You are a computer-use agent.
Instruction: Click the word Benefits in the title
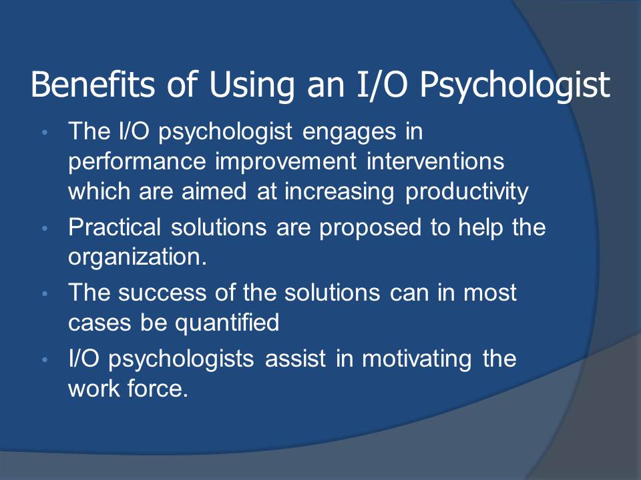click(x=93, y=84)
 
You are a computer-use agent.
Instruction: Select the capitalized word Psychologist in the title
click(x=515, y=87)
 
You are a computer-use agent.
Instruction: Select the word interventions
click(x=435, y=161)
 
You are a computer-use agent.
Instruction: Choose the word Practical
click(x=114, y=227)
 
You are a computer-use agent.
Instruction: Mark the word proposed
click(x=370, y=229)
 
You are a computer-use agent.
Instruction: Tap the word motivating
click(x=417, y=359)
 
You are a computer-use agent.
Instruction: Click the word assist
click(x=295, y=359)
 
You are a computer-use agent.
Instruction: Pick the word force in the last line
click(x=158, y=388)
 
